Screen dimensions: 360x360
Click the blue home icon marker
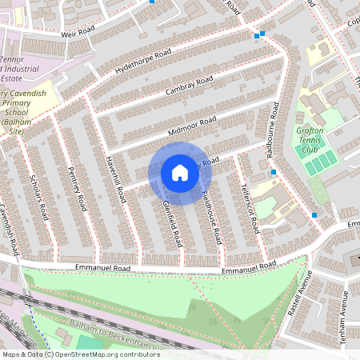[x=179, y=173]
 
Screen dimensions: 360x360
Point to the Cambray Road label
[x=190, y=84]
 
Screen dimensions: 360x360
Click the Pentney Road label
[x=78, y=189]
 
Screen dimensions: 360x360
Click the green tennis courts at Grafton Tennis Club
[x=320, y=164]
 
